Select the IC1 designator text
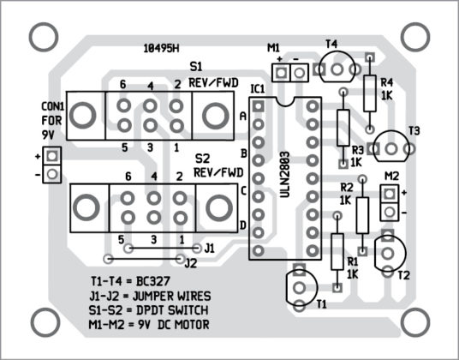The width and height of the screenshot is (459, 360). pos(259,89)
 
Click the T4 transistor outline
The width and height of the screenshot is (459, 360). pos(341,65)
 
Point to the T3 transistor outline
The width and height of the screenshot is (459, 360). pos(396,147)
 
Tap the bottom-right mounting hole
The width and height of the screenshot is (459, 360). pos(414,323)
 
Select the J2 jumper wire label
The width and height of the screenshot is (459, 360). pos(190,262)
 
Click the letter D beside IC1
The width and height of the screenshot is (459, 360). pos(242,225)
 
